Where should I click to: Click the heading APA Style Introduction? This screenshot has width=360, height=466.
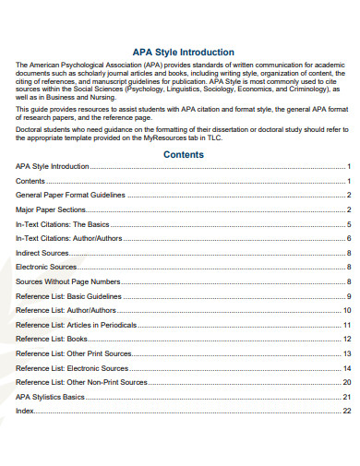click(183, 53)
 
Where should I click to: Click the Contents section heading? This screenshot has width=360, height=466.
click(183, 154)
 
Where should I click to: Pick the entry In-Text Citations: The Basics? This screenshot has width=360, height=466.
click(62, 224)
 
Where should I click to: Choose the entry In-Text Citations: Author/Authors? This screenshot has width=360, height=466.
click(67, 238)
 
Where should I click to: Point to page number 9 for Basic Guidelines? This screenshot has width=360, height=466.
click(349, 295)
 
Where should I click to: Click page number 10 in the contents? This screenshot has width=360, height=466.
click(347, 310)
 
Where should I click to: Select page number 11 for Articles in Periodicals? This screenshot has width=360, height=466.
click(347, 324)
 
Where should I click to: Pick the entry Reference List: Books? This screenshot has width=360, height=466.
click(53, 339)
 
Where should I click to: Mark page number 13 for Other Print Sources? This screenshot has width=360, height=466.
click(347, 352)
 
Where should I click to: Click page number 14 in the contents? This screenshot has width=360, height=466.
click(347, 367)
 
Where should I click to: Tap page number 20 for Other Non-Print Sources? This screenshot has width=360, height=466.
click(347, 381)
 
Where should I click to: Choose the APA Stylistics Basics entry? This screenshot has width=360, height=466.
click(50, 396)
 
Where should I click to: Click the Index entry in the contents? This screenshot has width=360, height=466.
click(25, 410)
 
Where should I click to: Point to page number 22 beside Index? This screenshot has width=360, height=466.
click(347, 410)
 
